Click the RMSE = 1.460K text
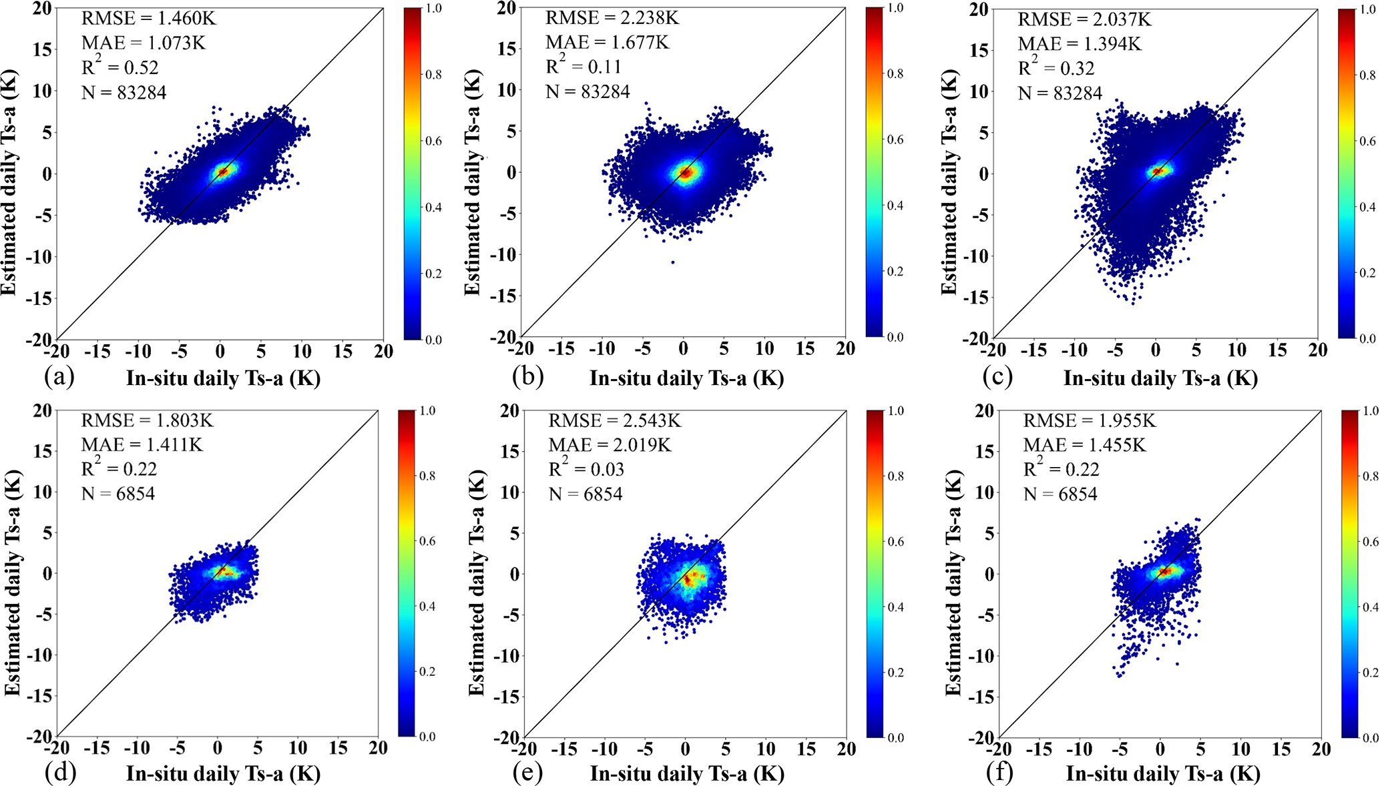[x=148, y=18]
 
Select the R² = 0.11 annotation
[x=583, y=67]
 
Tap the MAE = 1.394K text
[x=1079, y=44]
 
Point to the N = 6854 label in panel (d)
[x=118, y=494]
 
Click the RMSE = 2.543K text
[x=614, y=420]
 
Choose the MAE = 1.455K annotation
[x=1084, y=445]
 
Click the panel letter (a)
[x=59, y=378]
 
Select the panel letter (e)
[x=527, y=773]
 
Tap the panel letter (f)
[x=999, y=773]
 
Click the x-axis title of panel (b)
[x=686, y=378]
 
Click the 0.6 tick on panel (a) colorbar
[x=434, y=141]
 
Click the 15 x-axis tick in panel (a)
[x=343, y=351]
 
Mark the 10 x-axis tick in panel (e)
[x=766, y=749]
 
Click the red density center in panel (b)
[x=685, y=172]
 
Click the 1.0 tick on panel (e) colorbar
[x=896, y=411]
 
